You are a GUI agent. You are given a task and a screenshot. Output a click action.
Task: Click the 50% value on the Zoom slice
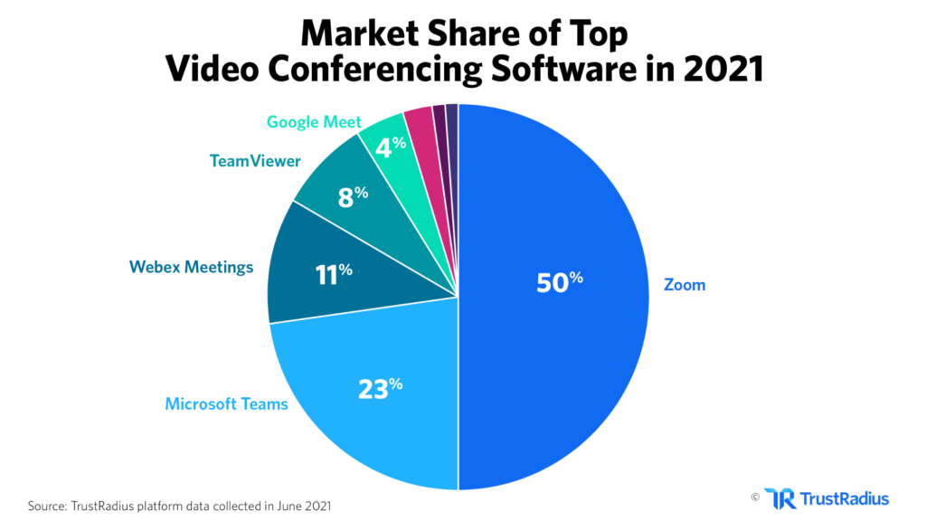click(x=559, y=282)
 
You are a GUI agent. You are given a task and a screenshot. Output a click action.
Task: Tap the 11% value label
click(x=333, y=273)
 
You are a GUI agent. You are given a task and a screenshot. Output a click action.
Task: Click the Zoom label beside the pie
click(x=684, y=285)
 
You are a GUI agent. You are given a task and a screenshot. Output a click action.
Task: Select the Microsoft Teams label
click(x=226, y=403)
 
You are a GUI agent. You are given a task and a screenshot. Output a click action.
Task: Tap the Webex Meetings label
click(x=191, y=267)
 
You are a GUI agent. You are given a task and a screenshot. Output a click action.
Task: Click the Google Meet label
click(x=314, y=121)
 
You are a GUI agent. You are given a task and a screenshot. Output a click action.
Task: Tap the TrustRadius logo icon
click(x=780, y=498)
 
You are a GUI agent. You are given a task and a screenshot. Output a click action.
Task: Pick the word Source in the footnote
click(x=48, y=506)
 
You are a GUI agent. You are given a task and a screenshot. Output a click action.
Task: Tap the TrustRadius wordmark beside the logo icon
click(x=845, y=498)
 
